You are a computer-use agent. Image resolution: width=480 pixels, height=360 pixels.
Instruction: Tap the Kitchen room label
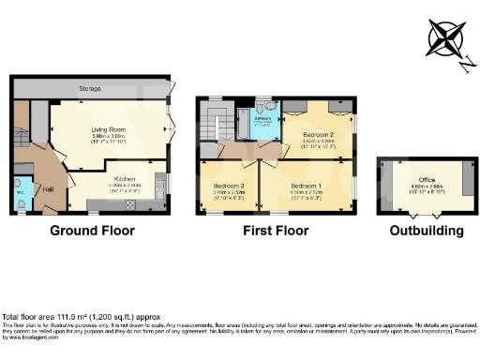tap(127, 178)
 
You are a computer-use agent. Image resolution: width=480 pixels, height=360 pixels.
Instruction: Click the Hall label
tap(48, 190)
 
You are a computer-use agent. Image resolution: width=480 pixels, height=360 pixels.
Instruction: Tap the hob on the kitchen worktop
tap(131, 202)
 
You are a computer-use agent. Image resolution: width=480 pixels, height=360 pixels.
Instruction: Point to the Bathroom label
tap(263, 118)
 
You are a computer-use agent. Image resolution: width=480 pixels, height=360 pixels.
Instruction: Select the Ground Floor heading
tap(92, 231)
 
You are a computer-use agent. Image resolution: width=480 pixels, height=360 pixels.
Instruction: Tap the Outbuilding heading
tap(427, 231)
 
